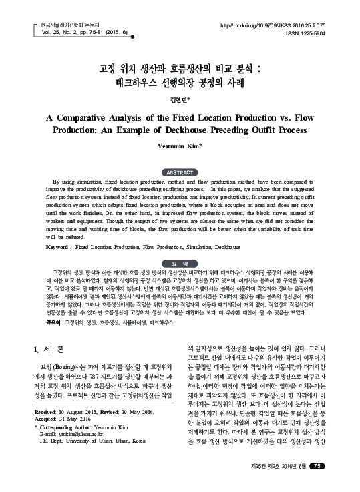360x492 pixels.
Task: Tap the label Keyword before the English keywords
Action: pyautogui.click(x=57, y=246)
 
